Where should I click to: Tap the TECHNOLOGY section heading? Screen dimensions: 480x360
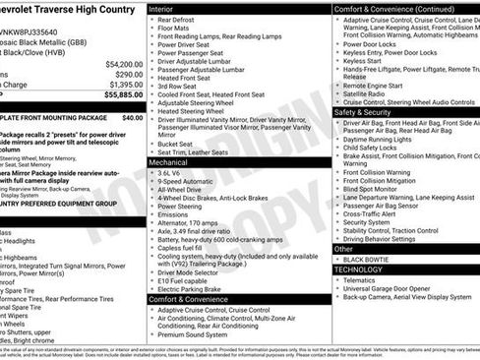pyautogui.click(x=358, y=269)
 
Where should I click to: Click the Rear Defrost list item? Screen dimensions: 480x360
pyautogui.click(x=177, y=20)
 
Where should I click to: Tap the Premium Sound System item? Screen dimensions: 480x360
pyautogui.click(x=198, y=334)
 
